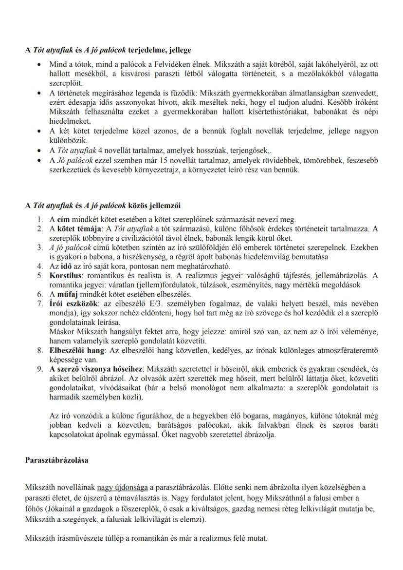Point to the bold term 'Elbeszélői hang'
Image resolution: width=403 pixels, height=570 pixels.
click(x=76, y=350)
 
